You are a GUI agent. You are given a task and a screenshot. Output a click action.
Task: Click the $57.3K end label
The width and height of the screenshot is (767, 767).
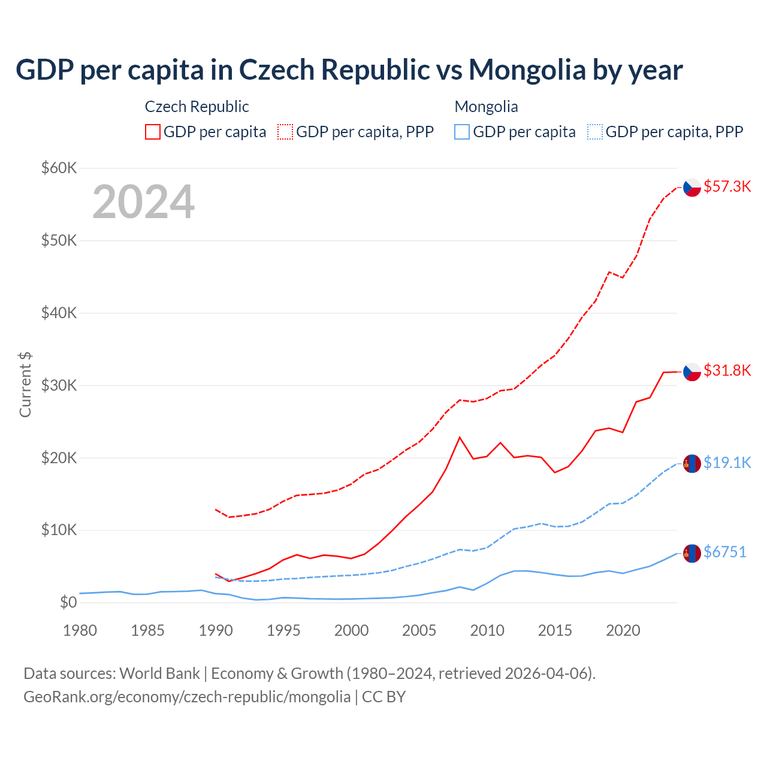point(727,186)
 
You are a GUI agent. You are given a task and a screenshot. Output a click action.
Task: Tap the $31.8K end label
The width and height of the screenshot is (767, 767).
point(727,370)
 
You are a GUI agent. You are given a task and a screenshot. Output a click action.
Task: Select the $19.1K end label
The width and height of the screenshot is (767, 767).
point(727,463)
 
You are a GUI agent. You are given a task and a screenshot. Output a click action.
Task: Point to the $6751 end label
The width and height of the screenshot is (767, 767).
point(724,552)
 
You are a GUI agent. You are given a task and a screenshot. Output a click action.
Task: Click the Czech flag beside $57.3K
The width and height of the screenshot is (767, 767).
point(692,188)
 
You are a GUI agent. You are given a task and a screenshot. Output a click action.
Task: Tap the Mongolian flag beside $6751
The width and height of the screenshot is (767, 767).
point(692,553)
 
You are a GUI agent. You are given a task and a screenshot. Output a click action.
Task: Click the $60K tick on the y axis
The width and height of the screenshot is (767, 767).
point(59,168)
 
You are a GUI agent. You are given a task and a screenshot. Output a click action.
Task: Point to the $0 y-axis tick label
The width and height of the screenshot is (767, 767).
point(68,602)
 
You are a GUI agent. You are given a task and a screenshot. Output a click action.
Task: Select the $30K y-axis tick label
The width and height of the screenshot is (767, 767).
point(59,385)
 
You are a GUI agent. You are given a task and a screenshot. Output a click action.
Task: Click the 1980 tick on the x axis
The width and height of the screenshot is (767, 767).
point(80,630)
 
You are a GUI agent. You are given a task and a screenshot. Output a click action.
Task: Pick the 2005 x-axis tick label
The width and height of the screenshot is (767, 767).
point(419,630)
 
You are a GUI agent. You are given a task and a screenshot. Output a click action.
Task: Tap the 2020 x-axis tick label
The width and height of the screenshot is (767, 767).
point(623,630)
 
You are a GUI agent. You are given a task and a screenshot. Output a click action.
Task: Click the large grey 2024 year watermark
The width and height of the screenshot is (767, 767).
point(144,202)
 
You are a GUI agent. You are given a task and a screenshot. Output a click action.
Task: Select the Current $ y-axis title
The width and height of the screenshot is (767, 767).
point(25,384)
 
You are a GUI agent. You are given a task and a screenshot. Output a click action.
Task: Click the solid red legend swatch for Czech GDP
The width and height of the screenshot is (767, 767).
point(153,132)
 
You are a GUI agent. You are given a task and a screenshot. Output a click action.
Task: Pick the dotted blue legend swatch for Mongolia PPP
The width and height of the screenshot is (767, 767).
point(595,132)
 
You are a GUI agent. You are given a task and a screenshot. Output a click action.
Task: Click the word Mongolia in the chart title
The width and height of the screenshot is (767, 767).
point(527,70)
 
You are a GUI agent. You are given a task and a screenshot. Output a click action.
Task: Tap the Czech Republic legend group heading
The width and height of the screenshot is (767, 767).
point(197,107)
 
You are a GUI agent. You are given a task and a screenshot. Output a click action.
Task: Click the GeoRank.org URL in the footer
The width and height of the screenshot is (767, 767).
point(187,697)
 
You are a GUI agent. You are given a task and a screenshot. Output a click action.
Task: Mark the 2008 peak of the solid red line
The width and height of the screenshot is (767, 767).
point(460,437)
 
